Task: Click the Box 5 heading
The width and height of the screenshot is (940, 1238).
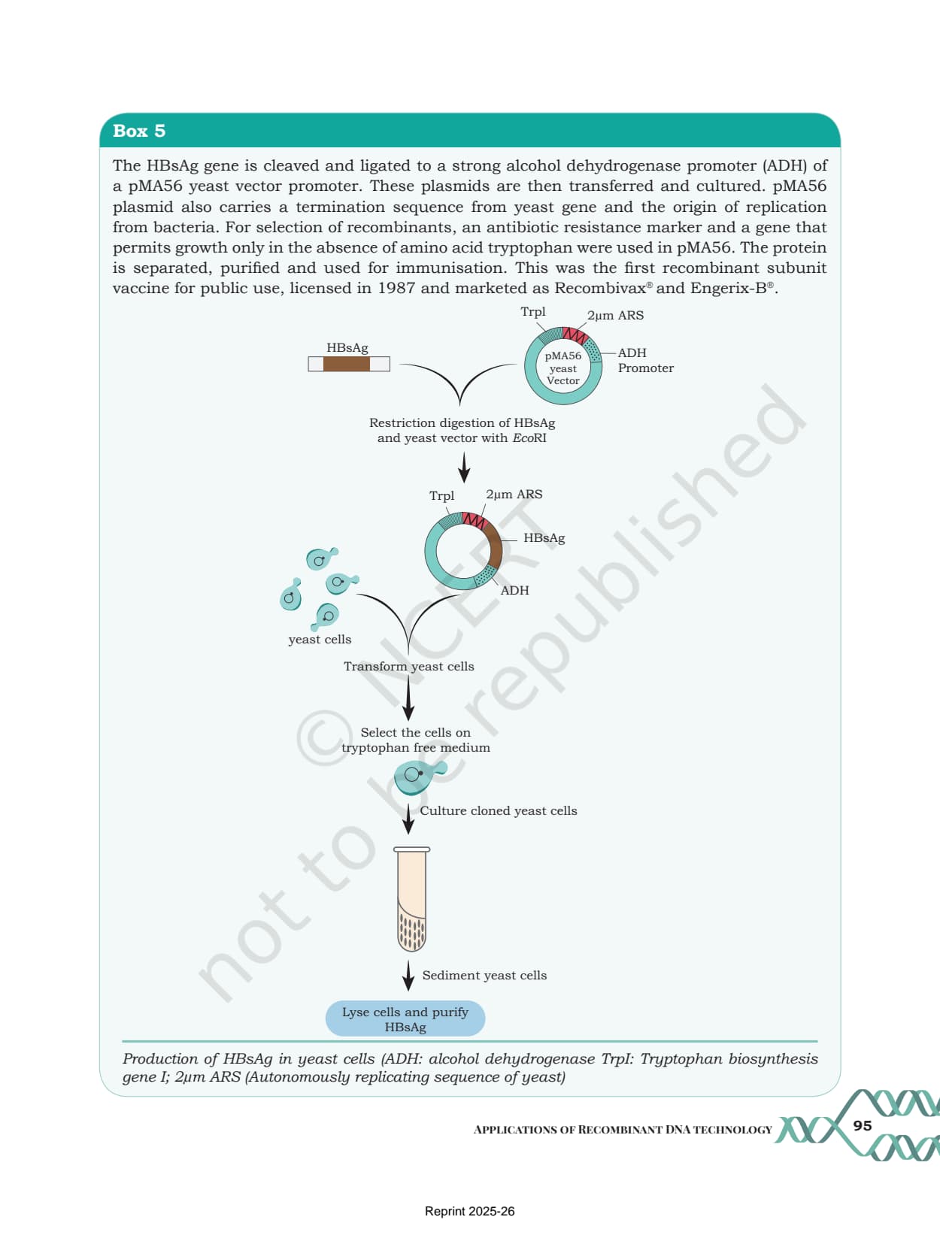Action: [139, 131]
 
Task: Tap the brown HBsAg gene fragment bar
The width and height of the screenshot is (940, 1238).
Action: [347, 364]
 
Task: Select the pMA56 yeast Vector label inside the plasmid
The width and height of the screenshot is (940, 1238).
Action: [562, 368]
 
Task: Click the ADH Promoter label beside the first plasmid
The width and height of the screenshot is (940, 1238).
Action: [645, 360]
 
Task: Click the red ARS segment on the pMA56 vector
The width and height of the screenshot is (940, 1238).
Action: [575, 334]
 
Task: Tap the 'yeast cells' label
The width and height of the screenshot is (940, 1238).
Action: [320, 639]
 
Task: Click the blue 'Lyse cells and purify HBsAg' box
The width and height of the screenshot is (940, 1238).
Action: [405, 1019]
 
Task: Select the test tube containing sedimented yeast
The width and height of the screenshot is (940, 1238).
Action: [411, 900]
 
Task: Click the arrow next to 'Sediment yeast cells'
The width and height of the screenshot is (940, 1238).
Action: [408, 976]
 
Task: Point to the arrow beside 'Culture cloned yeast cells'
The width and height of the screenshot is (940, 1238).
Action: [408, 819]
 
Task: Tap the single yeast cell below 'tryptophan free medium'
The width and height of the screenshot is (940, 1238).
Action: [419, 776]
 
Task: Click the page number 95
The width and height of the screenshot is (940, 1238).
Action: [862, 1125]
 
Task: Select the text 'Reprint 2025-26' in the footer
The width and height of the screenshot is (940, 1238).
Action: [469, 1211]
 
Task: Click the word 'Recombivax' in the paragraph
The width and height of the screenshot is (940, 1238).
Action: [600, 288]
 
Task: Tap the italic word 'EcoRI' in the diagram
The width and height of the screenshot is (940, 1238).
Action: [529, 437]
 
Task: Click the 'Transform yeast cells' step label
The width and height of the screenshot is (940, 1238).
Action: [408, 666]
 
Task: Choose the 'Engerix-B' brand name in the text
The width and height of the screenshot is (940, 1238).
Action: [728, 288]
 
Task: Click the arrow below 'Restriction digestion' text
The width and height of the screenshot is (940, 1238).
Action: [464, 468]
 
